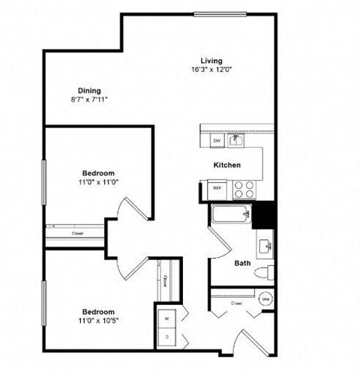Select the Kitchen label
point(226,164)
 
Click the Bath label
point(242,263)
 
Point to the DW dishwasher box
point(216,140)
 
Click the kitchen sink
point(235,139)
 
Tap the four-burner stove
point(244,189)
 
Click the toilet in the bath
point(265,273)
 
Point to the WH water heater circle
point(265,299)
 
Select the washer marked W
point(166,318)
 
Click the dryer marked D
point(166,337)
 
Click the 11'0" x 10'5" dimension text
point(98,321)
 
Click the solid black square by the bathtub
point(264,216)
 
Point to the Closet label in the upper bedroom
point(78,233)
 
